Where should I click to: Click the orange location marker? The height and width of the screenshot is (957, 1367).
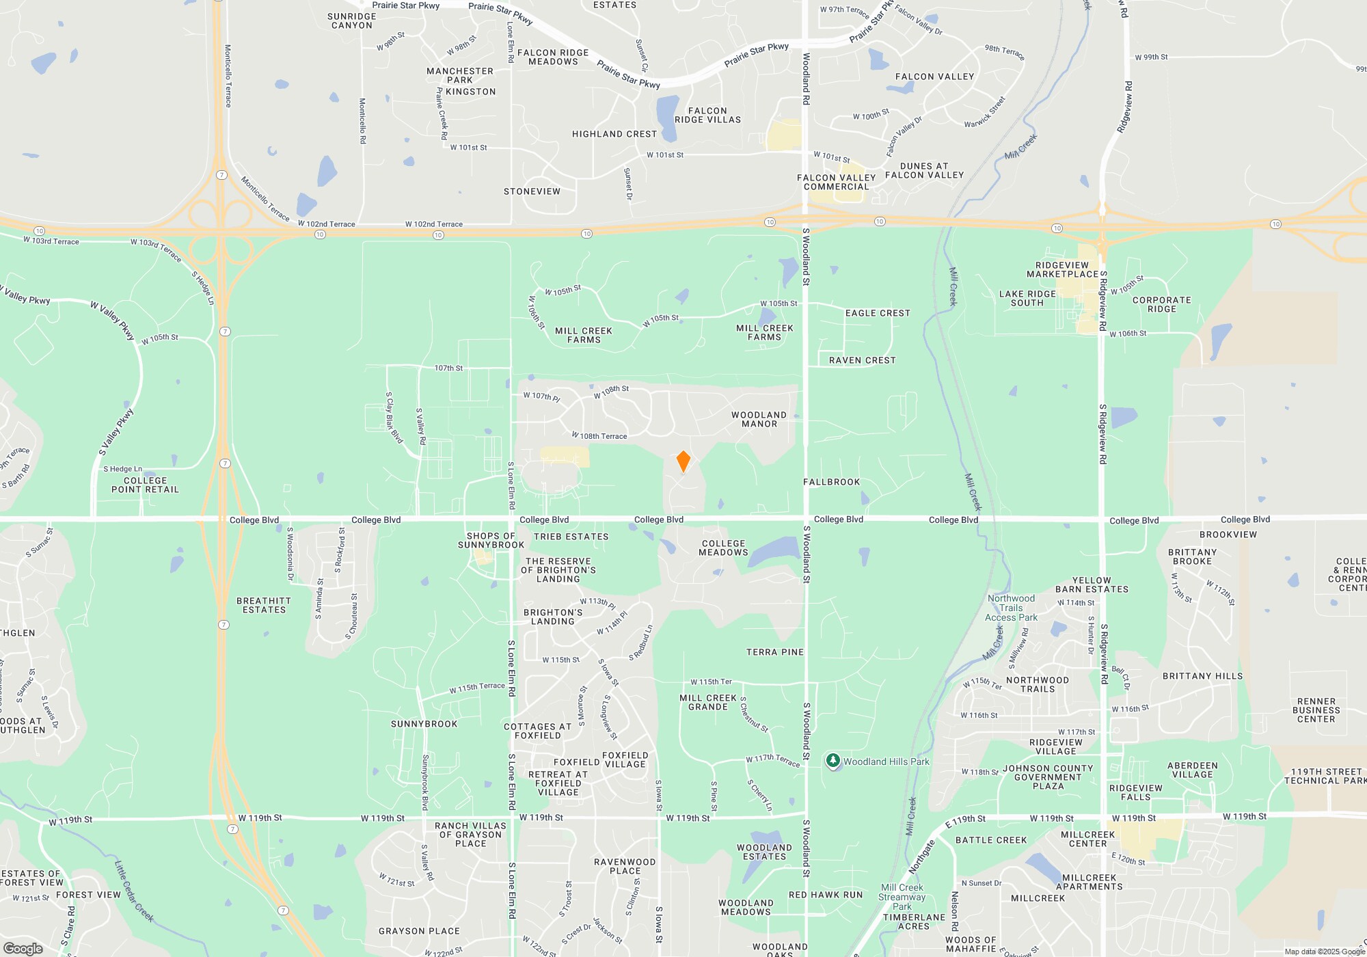point(683,461)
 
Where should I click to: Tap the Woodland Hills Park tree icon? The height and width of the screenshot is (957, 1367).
point(833,761)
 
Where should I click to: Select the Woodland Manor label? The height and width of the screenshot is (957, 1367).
point(759,420)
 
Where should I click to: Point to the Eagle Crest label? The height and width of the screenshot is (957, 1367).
point(878,313)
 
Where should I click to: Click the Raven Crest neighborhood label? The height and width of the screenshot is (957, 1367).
point(862,360)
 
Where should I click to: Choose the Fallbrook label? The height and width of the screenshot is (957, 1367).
point(832,482)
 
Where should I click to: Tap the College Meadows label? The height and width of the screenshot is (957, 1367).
point(723,548)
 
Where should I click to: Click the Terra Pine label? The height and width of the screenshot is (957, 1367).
point(774,652)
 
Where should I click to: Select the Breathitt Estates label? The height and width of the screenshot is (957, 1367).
point(264,606)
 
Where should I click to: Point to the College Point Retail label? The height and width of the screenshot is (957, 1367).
point(145,485)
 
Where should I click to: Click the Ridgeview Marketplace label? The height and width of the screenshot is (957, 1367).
point(1062,270)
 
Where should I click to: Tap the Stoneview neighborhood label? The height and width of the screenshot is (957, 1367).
point(532,191)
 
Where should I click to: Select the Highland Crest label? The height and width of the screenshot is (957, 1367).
point(614,134)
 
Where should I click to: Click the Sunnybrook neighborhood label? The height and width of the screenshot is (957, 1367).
point(424,724)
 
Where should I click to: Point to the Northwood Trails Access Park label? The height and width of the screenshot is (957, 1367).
point(1011,608)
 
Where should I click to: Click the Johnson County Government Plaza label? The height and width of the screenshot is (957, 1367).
point(1048,777)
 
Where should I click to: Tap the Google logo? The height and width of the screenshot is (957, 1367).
point(23,948)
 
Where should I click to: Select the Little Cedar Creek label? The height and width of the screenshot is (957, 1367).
point(134,891)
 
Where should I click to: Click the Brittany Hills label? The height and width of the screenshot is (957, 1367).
point(1202,676)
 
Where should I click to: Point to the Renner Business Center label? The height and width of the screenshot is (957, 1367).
point(1316,710)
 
